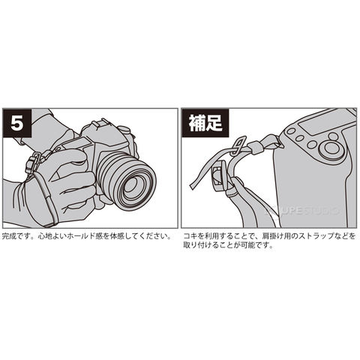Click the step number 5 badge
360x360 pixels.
click(17, 123)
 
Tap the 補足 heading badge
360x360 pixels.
click(205, 123)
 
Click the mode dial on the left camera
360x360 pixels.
click(124, 130)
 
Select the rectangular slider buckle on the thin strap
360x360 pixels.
click(238, 145)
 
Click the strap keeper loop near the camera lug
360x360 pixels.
click(256, 148)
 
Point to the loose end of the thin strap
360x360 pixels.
click(193, 186)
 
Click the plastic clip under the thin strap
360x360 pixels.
click(220, 176)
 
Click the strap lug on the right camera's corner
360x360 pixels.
click(280, 144)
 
